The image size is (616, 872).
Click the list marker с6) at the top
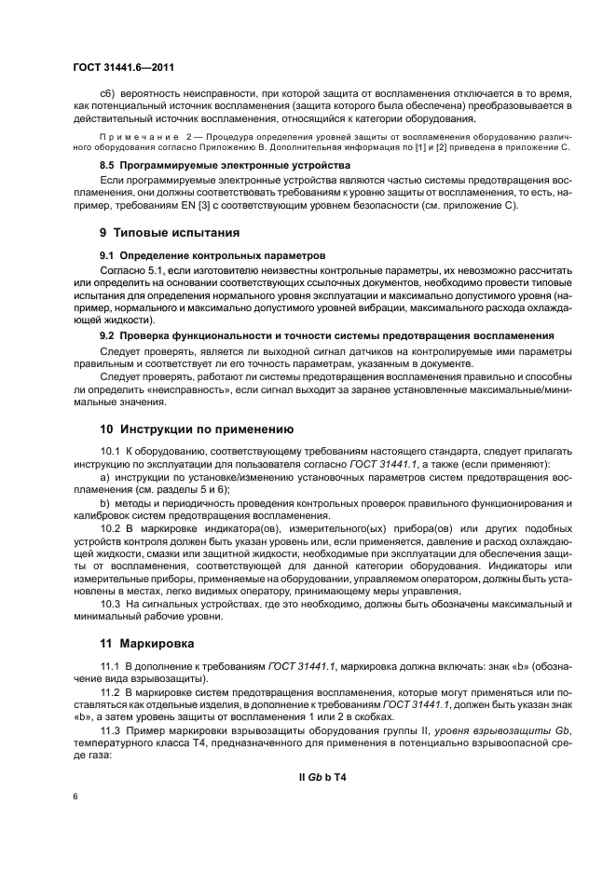pyautogui.click(x=109, y=96)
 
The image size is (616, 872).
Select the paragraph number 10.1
pyautogui.click(x=111, y=451)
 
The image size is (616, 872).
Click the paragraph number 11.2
pyautogui.click(x=111, y=693)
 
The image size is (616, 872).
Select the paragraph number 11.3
pyautogui.click(x=111, y=733)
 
